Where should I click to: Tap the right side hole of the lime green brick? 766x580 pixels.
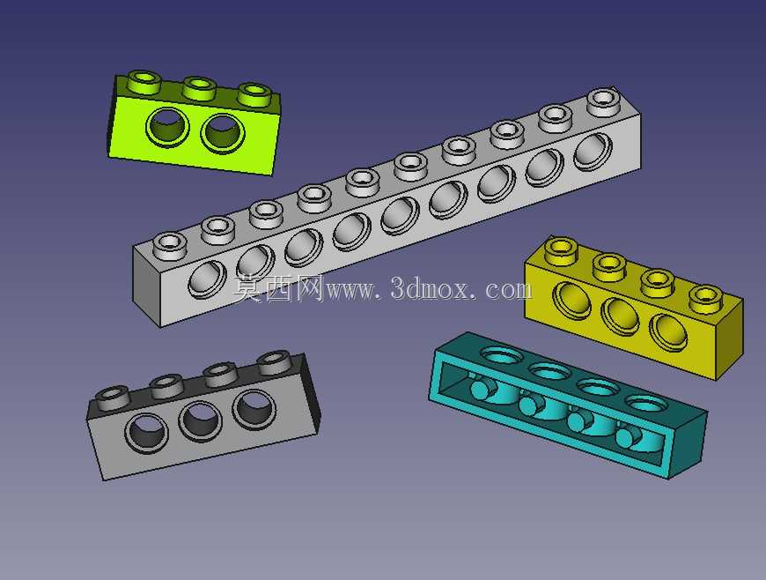pyautogui.click(x=222, y=133)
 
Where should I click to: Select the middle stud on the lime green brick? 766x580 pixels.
pyautogui.click(x=199, y=88)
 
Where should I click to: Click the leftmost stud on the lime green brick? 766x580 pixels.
pyautogui.click(x=144, y=82)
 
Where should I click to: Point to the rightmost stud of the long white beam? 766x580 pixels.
pyautogui.click(x=604, y=101)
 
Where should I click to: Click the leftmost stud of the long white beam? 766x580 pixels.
pyautogui.click(x=170, y=246)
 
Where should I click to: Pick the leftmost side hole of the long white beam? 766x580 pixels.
pyautogui.click(x=207, y=279)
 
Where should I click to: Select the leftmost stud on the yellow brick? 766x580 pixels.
pyautogui.click(x=562, y=251)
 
